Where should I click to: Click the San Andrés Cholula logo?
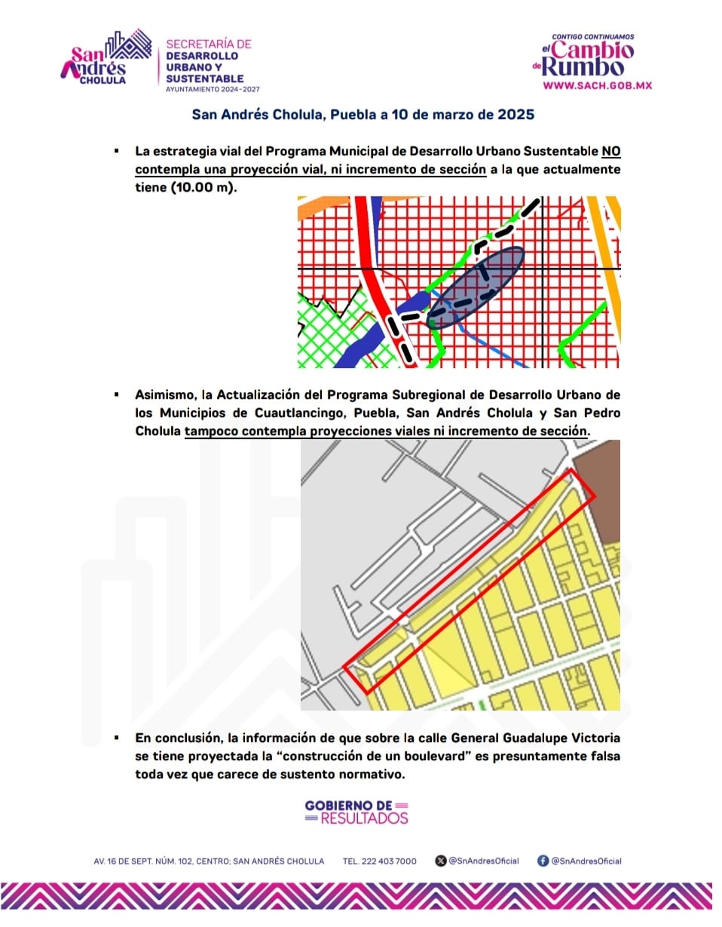coord(106,59)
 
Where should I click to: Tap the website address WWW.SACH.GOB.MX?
coord(597,85)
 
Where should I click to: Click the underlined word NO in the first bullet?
coord(611,151)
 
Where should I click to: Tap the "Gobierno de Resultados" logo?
coord(356,812)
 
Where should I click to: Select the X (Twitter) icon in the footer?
coord(441,861)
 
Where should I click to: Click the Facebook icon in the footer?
coord(543,861)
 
